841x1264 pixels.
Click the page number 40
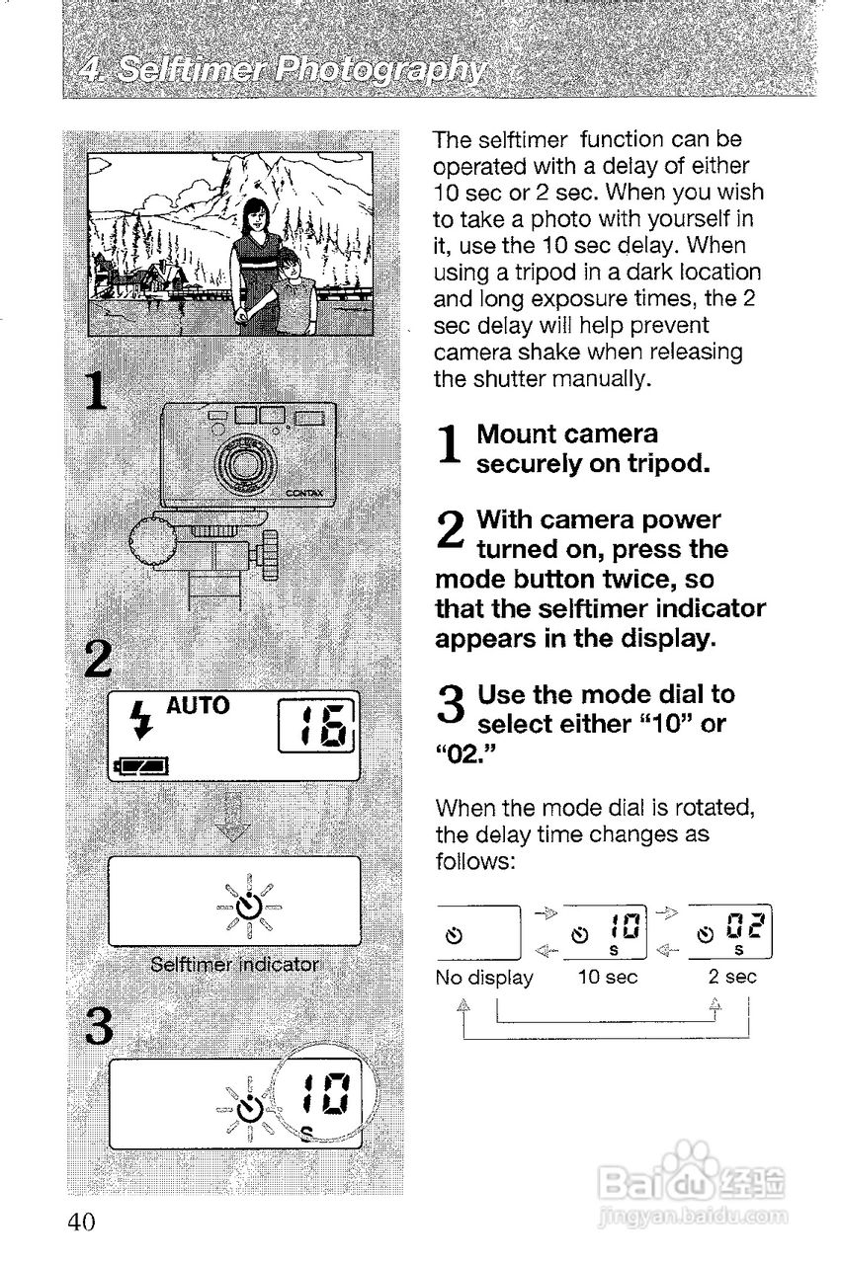pos(81,1222)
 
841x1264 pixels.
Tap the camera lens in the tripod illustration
pos(241,462)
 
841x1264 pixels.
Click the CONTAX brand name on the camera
pos(308,495)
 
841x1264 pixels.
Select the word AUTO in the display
pos(198,706)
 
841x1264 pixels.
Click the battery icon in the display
pos(141,763)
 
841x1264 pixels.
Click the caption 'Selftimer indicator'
pos(234,964)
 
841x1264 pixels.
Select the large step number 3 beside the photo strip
pos(99,1030)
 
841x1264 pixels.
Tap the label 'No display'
pos(484,978)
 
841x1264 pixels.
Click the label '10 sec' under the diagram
pos(608,978)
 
